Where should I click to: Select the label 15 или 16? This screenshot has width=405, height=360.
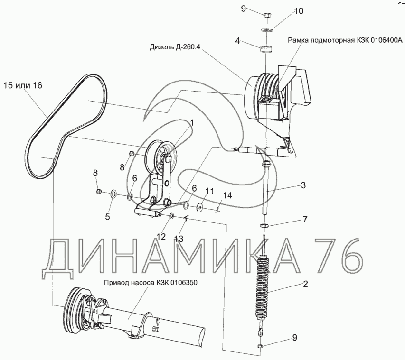coord(22,85)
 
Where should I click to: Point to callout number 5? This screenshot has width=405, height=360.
coord(108,217)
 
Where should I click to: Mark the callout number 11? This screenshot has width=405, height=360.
coord(209,191)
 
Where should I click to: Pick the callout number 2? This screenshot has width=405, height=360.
coord(305,284)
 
